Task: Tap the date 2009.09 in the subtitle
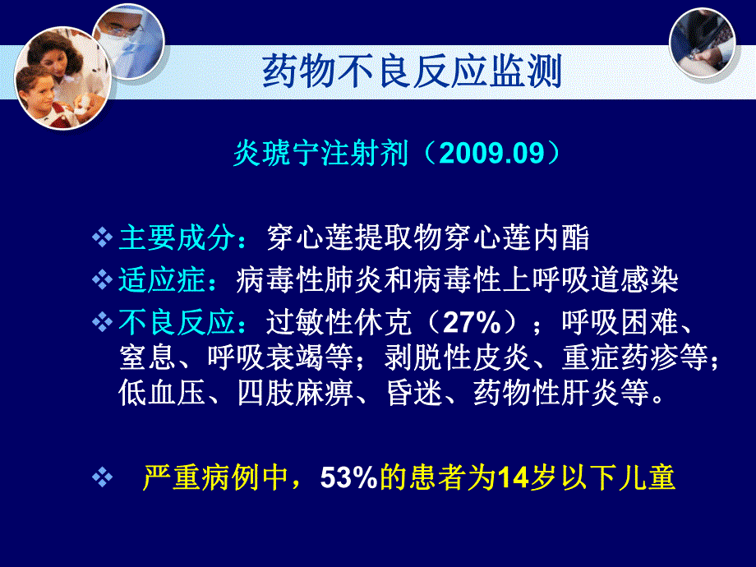point(492,154)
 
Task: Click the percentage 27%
point(469,323)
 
